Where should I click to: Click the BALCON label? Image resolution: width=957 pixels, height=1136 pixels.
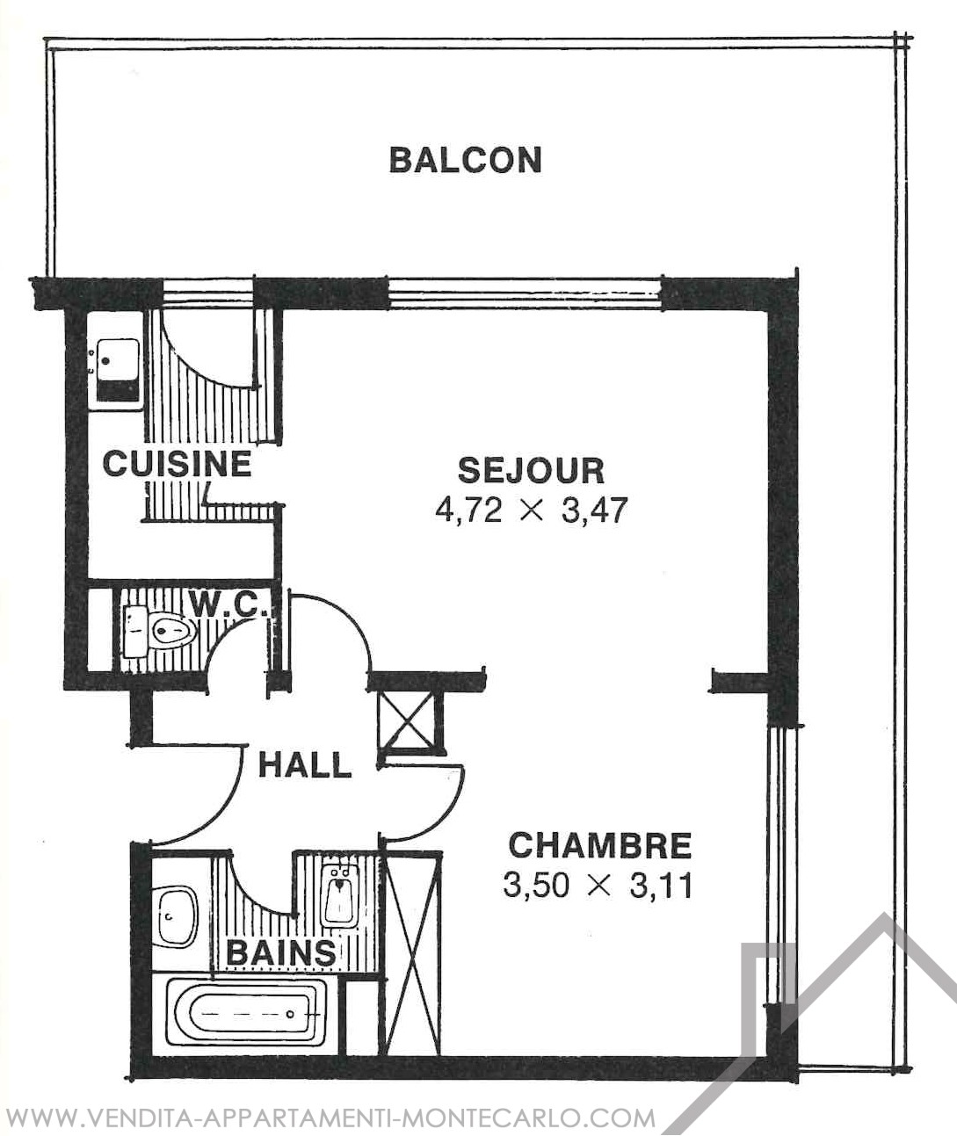pyautogui.click(x=466, y=160)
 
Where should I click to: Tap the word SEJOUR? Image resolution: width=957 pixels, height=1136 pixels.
pyautogui.click(x=532, y=471)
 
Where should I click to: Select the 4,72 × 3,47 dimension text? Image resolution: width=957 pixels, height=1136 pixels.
pyautogui.click(x=532, y=510)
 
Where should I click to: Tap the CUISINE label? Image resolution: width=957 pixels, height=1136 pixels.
pyautogui.click(x=178, y=464)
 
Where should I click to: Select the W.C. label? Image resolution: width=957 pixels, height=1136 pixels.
pyautogui.click(x=229, y=604)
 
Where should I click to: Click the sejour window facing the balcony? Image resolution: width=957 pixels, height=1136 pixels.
pyautogui.click(x=525, y=293)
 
